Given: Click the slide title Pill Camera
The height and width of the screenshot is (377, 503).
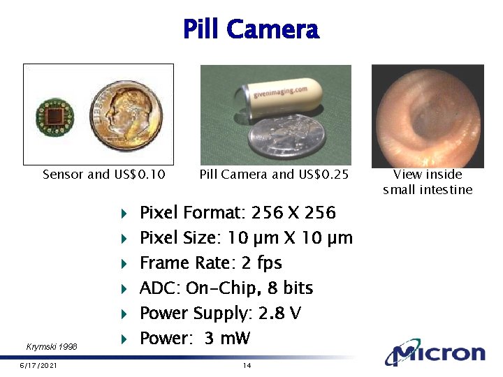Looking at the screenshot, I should [x=251, y=29].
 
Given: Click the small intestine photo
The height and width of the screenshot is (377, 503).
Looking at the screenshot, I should [x=428, y=114].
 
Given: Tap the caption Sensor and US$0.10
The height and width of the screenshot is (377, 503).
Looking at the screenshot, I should [x=104, y=175].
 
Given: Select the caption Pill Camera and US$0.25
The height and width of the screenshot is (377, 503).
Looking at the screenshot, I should [x=274, y=175].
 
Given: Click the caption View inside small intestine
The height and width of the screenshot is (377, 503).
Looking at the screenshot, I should [x=428, y=182].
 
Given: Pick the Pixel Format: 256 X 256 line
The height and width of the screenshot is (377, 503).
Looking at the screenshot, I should [x=238, y=212].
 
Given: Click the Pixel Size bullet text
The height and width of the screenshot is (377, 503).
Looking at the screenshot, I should [x=246, y=237].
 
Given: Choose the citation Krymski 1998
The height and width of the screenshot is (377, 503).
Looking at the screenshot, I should [x=52, y=346].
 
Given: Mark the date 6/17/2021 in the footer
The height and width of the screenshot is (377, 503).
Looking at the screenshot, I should [x=38, y=366].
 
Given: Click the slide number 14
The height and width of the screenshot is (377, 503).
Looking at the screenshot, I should [x=247, y=366].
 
